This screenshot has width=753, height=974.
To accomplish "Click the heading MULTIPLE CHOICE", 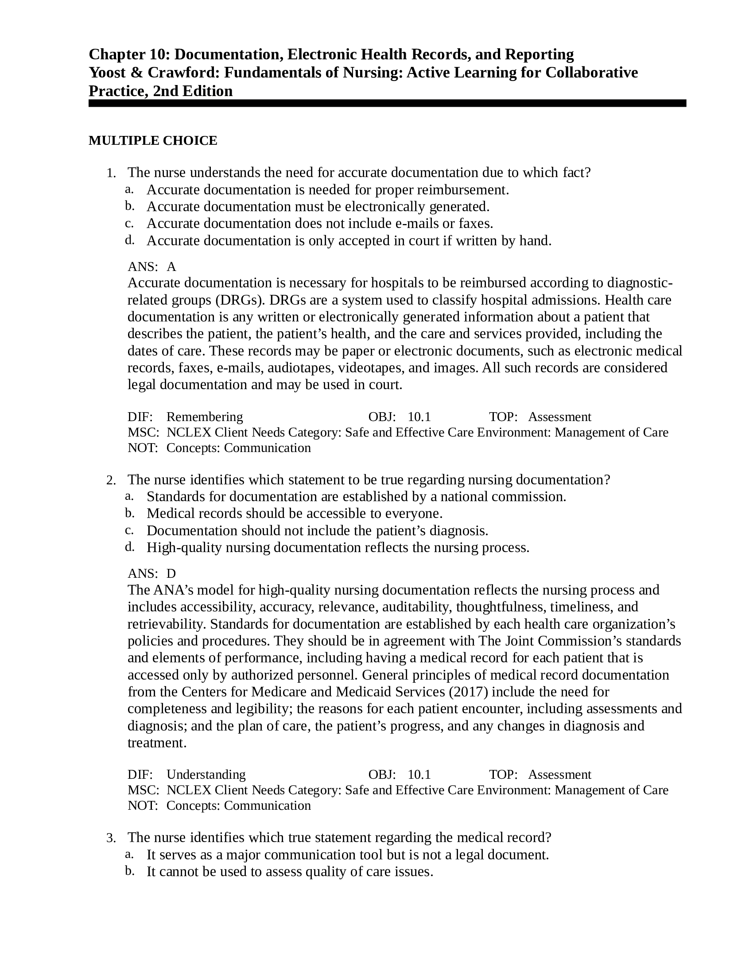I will (152, 140).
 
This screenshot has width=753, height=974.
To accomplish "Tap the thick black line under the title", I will (387, 104).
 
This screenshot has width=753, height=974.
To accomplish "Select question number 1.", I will (111, 173).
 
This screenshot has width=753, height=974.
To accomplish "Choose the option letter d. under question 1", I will (129, 240).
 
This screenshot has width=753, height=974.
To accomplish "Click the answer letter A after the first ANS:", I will (171, 267).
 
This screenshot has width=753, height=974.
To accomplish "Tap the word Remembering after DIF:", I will (204, 417).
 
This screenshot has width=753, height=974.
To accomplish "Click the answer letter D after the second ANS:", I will (171, 573).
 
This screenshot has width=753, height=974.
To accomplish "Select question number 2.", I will (111, 480).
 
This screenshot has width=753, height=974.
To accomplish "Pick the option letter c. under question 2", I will (129, 531).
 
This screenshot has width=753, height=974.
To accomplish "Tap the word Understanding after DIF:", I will (206, 775).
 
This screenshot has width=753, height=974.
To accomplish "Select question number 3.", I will (111, 838).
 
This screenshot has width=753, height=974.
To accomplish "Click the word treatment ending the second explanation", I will (156, 743).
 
